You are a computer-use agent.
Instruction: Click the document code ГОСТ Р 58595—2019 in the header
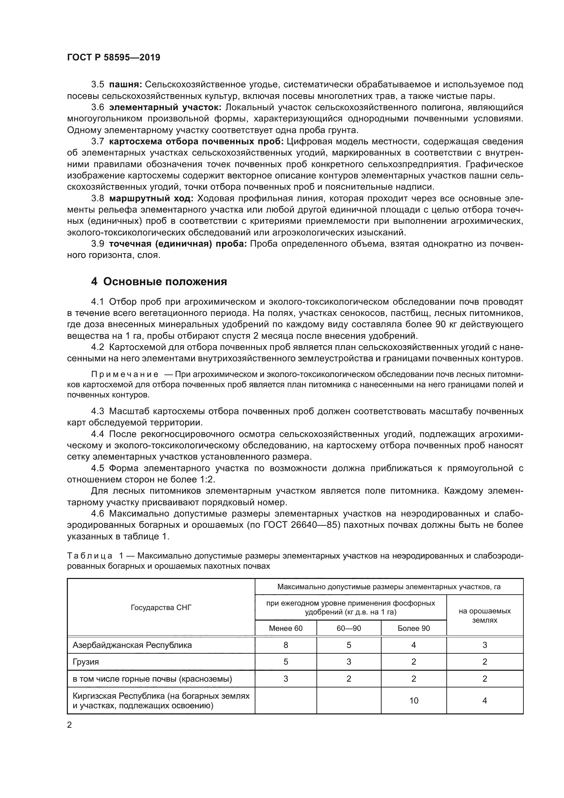[x=114, y=57]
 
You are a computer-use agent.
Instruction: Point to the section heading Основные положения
[x=165, y=281]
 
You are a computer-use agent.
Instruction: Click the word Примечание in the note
[x=125, y=374]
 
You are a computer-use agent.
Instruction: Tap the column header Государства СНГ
[x=161, y=608]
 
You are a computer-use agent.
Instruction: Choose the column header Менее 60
[x=285, y=628]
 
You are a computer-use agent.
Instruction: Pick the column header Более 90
[x=414, y=628]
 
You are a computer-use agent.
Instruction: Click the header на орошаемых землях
[x=485, y=615]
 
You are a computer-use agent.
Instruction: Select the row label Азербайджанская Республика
[x=132, y=645]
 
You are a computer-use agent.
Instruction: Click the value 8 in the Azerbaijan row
[x=285, y=645]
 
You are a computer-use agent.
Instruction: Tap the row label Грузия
[x=86, y=662]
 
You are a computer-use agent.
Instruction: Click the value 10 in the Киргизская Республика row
[x=414, y=700]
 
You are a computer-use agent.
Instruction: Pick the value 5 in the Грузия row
[x=285, y=662]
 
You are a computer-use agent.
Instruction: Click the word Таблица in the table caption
[x=89, y=556]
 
